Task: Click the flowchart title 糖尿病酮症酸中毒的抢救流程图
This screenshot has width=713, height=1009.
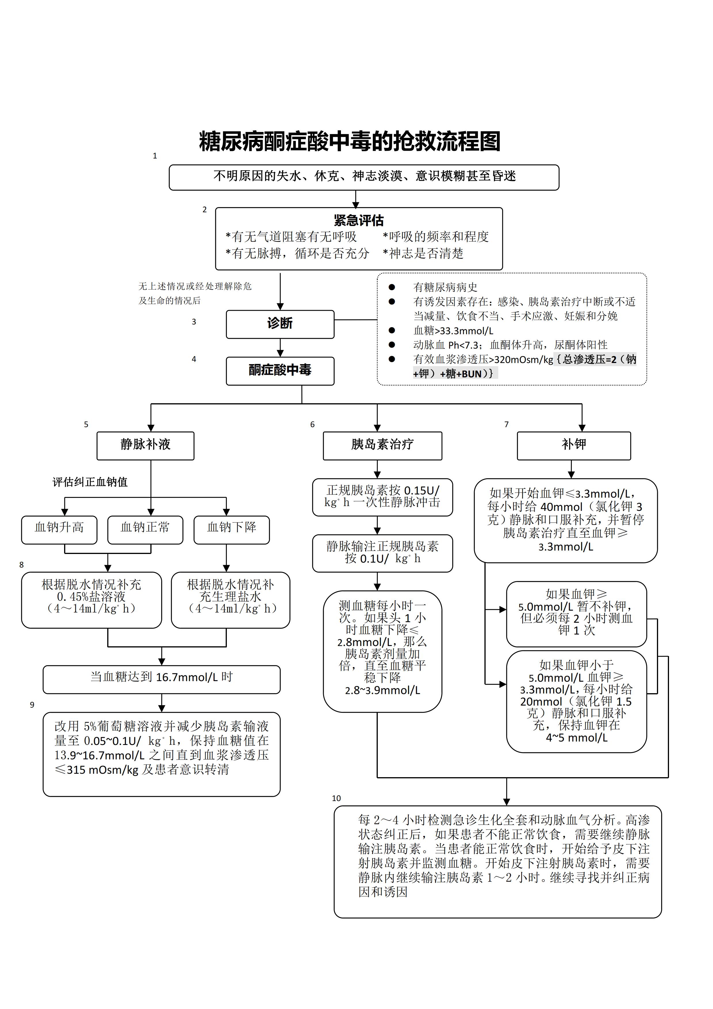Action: (x=350, y=142)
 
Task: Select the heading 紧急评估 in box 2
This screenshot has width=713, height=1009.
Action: (x=359, y=220)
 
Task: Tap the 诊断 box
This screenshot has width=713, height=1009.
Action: (x=280, y=324)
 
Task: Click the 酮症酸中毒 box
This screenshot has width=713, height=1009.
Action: (x=280, y=370)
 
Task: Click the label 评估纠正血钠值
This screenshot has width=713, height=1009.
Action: (x=90, y=482)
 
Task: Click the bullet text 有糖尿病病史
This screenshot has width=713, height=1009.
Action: (x=445, y=287)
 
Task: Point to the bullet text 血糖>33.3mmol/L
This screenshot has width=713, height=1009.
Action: (x=453, y=330)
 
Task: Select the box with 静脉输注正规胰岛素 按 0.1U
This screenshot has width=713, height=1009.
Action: (x=382, y=553)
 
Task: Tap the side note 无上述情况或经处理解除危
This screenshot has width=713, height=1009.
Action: (x=195, y=286)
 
